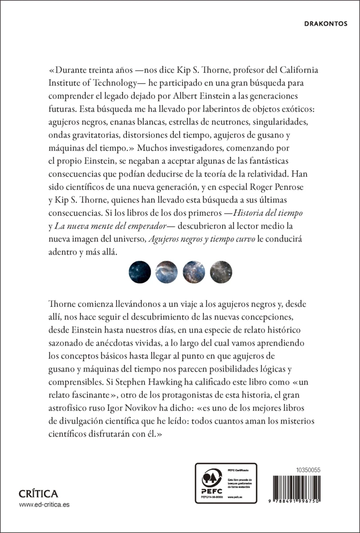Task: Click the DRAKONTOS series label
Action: tap(328, 24)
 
